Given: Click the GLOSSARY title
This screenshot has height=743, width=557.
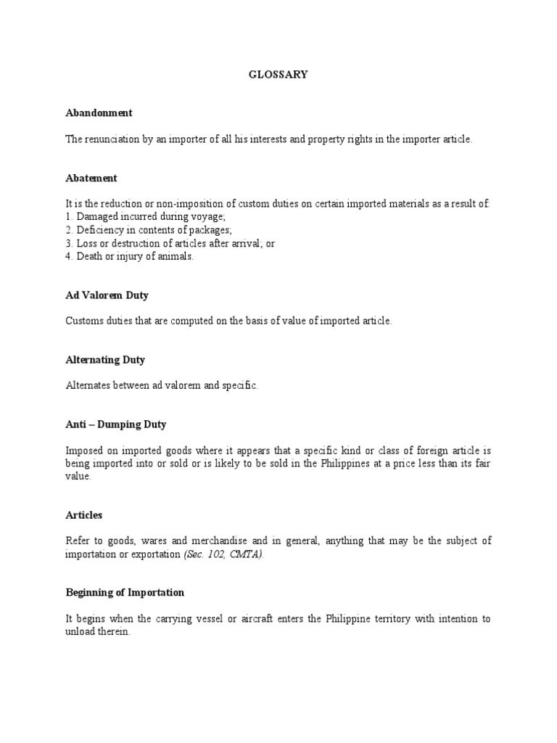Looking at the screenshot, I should (278, 75).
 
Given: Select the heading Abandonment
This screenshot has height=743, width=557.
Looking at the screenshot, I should (99, 113).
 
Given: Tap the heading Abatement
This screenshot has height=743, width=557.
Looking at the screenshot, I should (91, 178).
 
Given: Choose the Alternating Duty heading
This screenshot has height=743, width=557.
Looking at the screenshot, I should (106, 359).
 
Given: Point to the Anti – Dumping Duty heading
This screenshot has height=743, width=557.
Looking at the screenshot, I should (116, 424).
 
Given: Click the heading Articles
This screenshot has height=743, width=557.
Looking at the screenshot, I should (84, 515).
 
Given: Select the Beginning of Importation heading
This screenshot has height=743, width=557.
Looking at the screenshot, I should (125, 592).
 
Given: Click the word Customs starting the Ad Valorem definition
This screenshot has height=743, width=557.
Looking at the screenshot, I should (83, 321).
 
